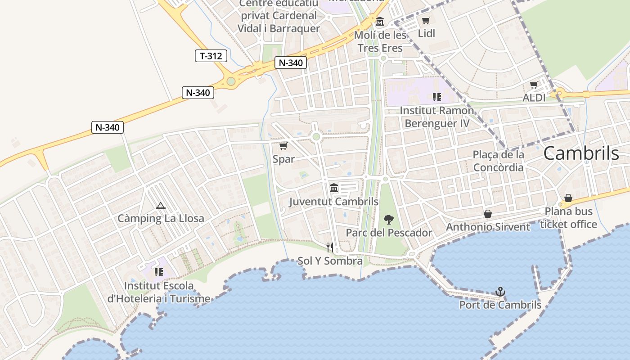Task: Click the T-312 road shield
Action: (x=211, y=56)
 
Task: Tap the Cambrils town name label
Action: (x=581, y=153)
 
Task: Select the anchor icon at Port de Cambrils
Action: (x=500, y=292)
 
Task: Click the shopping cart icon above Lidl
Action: (x=426, y=20)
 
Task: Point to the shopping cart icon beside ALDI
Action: (x=534, y=85)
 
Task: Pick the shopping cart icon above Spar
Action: (x=283, y=146)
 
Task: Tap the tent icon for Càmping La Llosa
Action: (x=160, y=206)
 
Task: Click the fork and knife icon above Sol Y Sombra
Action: (x=330, y=247)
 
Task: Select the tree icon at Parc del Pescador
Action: (x=388, y=220)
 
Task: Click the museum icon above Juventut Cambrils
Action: (x=333, y=188)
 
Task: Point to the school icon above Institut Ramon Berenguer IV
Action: (x=436, y=97)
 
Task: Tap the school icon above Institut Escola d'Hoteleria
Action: (x=158, y=272)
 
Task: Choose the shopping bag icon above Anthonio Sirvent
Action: (x=487, y=214)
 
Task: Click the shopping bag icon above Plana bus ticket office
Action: (x=568, y=198)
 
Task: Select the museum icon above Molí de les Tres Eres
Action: (x=380, y=21)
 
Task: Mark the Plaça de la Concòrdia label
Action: (x=498, y=161)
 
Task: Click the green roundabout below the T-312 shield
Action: (x=231, y=81)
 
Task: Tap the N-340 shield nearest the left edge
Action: (x=108, y=127)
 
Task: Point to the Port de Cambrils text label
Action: (x=500, y=305)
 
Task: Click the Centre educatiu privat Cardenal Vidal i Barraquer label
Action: (x=279, y=16)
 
